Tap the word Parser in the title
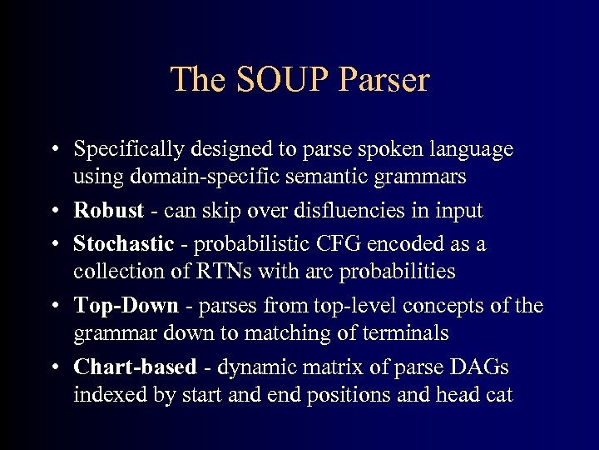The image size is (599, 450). pos(383,80)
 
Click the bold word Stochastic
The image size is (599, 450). pos(123,244)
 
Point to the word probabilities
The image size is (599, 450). pos(396,272)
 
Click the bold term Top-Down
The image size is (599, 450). pos(126,305)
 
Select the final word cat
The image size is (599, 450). pos(497,394)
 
